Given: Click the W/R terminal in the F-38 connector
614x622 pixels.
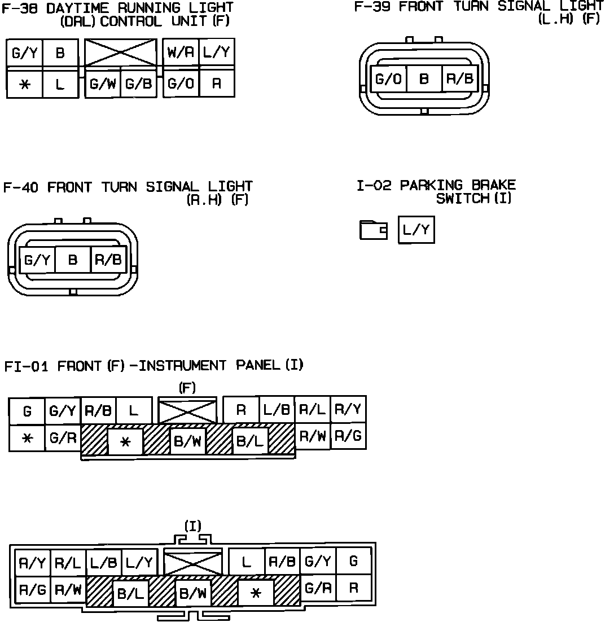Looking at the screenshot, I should [181, 52].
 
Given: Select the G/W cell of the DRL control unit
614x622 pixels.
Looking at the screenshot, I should [102, 84].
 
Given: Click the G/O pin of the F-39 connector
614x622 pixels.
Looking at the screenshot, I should [388, 79].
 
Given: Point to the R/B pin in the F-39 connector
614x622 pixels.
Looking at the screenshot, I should [459, 79].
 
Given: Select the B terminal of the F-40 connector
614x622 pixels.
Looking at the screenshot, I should [72, 260].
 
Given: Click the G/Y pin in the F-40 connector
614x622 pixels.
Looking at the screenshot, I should [37, 260].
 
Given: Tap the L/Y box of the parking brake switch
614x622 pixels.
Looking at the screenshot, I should [416, 230].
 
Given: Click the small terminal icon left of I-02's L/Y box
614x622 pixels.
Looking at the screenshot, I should [373, 230].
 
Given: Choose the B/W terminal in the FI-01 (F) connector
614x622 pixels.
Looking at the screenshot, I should [187, 441].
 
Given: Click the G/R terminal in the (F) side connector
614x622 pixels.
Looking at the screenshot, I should [62, 437].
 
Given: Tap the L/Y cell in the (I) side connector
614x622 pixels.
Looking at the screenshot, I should [139, 562].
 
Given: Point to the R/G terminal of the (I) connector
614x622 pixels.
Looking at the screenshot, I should [32, 590].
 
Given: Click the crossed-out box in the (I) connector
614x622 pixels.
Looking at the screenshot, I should [193, 563].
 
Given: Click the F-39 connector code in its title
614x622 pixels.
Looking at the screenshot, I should [374, 7].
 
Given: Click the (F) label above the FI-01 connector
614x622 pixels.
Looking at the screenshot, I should [187, 388].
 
